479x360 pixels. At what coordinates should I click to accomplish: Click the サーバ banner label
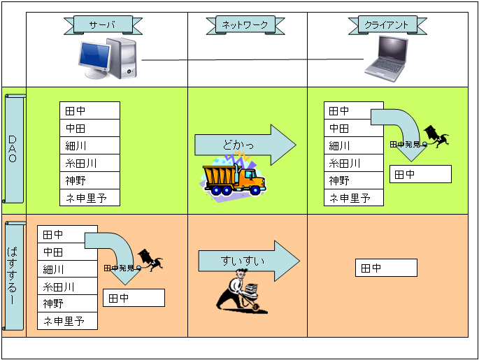click(x=103, y=25)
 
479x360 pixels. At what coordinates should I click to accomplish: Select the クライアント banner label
click(x=387, y=25)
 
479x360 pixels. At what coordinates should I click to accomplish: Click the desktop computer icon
click(x=108, y=59)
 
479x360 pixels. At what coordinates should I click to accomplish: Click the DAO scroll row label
click(x=14, y=149)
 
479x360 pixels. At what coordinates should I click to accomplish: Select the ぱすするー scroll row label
click(x=14, y=275)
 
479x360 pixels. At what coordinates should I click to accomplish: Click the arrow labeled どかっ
click(x=245, y=145)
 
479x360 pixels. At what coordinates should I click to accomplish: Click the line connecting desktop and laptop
click(x=252, y=61)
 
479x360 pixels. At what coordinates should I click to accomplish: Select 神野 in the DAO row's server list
click(x=90, y=180)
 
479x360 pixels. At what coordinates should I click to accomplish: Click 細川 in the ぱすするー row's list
click(x=67, y=269)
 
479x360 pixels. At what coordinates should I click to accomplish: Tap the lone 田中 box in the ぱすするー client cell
click(x=386, y=267)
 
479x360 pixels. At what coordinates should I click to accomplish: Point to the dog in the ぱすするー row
click(x=150, y=260)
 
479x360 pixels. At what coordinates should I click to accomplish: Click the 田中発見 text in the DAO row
click(x=405, y=144)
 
